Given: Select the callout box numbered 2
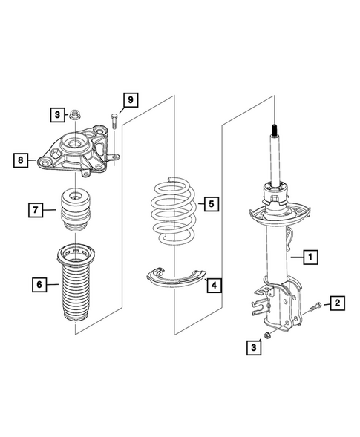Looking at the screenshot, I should coord(338,303).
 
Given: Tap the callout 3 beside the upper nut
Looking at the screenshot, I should coord(57,114).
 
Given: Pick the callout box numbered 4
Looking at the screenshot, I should coord(213,284).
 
